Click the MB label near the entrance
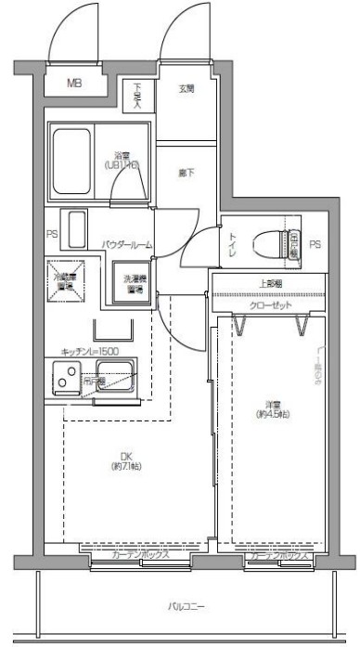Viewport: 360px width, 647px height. tap(74, 83)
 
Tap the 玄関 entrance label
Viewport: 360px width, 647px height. tap(187, 89)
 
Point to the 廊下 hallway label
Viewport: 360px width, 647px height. tap(186, 172)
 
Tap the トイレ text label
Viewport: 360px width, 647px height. tap(233, 243)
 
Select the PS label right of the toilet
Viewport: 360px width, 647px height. tap(315, 244)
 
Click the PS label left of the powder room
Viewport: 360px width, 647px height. tap(52, 234)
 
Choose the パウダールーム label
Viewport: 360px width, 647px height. tap(127, 244)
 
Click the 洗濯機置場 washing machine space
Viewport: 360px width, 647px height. tap(135, 282)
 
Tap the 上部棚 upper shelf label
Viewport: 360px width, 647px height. tap(270, 284)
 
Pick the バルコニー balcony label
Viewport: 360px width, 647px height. tap(186, 605)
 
